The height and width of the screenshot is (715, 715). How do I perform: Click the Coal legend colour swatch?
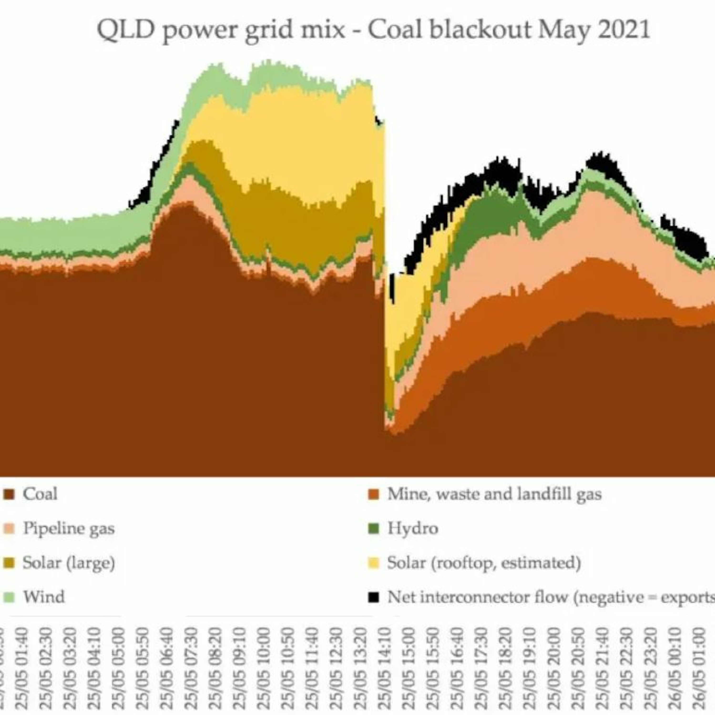[x=9, y=495]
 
